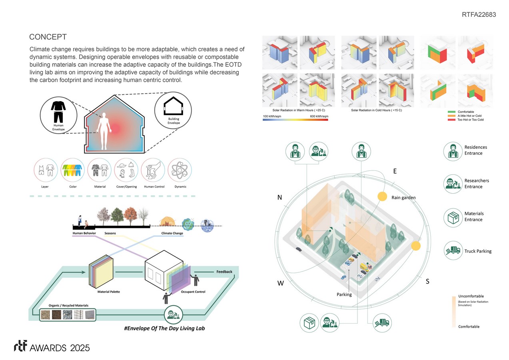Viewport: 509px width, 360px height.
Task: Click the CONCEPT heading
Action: click(48, 37)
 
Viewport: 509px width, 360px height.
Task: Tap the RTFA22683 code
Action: click(478, 14)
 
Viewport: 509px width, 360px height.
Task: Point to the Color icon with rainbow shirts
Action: click(73, 171)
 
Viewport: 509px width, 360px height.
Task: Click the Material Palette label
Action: click(108, 292)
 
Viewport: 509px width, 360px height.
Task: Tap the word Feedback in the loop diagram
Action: click(224, 272)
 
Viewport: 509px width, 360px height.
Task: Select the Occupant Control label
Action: click(193, 292)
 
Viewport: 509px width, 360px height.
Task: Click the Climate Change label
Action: click(172, 233)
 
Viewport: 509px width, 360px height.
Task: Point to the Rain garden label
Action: click(403, 198)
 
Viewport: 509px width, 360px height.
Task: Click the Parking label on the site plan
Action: click(344, 294)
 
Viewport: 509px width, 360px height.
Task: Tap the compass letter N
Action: click(280, 197)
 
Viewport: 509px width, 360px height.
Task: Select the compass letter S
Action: click(427, 282)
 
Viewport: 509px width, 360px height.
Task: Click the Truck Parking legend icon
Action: click(453, 251)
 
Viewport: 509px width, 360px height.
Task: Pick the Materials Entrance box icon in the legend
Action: click(453, 217)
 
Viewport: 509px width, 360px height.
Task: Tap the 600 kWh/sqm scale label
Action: click(319, 116)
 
